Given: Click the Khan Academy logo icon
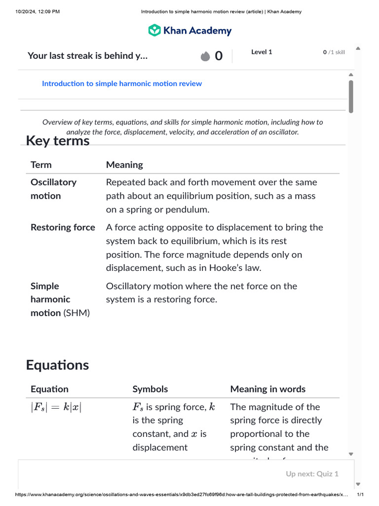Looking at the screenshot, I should (154, 30).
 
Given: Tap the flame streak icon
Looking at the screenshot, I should (205, 56).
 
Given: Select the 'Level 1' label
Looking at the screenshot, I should (262, 52).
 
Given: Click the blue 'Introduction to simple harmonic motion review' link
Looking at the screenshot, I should (122, 84).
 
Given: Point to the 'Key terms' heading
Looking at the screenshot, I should (58, 141).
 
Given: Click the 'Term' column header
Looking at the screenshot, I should (41, 165).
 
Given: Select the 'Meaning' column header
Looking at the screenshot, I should (124, 165).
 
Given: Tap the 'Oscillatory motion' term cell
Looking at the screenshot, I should (53, 189).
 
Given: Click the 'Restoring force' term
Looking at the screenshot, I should (63, 227).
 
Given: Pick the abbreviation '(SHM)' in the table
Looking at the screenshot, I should (76, 313).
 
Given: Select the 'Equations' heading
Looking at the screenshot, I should (57, 365).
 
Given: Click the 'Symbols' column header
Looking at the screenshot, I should (150, 389).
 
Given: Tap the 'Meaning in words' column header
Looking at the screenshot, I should (267, 389).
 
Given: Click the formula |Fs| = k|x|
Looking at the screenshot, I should (56, 407).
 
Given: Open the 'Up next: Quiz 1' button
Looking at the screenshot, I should (312, 474).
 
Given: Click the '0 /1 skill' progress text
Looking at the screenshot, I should (334, 52).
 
